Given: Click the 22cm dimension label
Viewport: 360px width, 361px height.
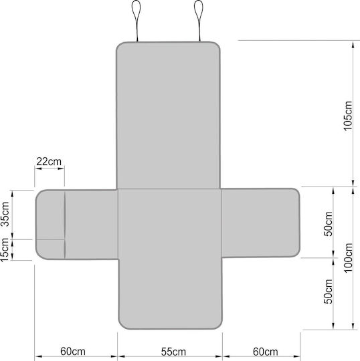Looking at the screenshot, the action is point(49,162).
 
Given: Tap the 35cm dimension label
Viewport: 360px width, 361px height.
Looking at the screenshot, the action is point(5,214).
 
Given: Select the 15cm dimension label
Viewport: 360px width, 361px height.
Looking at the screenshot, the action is point(5,250).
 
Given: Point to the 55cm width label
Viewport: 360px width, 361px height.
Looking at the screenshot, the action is point(173,352).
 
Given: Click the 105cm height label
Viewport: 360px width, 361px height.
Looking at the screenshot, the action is point(348,116).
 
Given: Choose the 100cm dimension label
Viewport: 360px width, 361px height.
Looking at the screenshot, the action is point(348,258).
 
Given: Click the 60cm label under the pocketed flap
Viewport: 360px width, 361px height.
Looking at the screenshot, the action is point(73,352).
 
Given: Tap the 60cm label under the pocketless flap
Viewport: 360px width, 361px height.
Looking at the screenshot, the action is point(265,352).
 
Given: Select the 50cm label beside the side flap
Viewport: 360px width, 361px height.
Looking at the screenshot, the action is point(328,224).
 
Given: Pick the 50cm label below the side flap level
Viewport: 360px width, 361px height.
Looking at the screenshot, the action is point(328,291).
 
